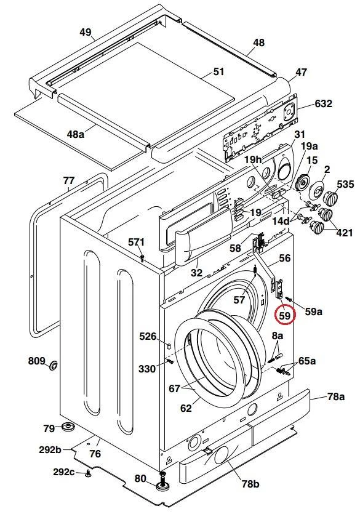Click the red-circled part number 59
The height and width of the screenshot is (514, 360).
click(285, 315)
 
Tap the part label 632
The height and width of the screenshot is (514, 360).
click(323, 103)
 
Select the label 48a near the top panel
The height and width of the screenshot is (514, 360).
click(75, 134)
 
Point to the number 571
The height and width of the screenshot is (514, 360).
click(136, 243)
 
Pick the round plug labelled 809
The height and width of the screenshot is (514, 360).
click(53, 365)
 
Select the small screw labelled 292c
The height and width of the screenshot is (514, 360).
click(87, 473)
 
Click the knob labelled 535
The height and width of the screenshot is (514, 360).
click(329, 199)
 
